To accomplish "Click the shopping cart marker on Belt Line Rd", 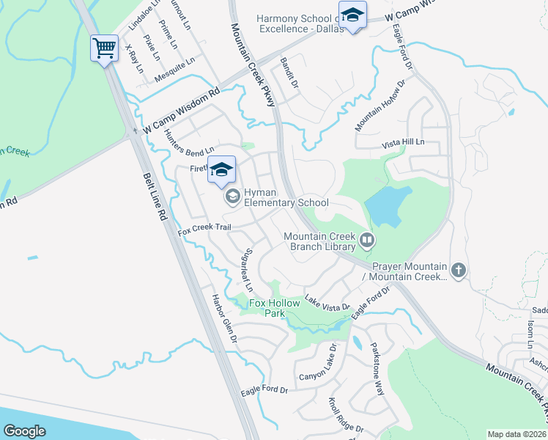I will point(104,49).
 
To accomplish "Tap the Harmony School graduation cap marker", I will point(353,16).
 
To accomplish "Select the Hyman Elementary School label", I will point(286,197).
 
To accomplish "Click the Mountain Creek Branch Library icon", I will point(366,238).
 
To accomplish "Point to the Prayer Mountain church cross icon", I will point(459,270).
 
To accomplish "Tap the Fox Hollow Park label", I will point(275,308).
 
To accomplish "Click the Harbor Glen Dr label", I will point(225,320).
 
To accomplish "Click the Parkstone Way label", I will point(377,368).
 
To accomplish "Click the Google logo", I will point(25,430).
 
